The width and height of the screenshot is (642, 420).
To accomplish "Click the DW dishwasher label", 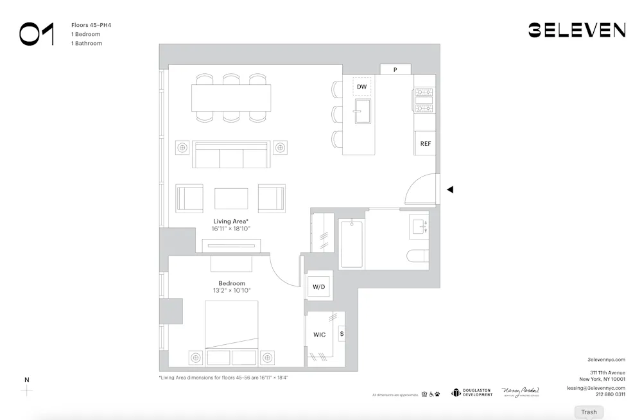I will (362, 87).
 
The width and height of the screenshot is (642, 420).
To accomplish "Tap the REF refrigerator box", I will (425, 143).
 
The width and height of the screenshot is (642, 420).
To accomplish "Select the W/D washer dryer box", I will (319, 286).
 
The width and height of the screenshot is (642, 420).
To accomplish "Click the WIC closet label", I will (319, 335).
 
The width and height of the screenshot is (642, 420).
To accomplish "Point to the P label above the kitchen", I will (395, 69).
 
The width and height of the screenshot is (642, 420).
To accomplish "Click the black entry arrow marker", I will (450, 189).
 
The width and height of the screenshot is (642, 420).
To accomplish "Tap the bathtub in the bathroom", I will (351, 244).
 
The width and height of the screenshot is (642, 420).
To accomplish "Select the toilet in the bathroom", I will (417, 256).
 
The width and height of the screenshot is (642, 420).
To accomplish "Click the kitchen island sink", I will (362, 111).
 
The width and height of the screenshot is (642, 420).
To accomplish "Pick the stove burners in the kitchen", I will (424, 96).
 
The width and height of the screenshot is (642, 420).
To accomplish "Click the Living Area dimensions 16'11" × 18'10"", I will (232, 229).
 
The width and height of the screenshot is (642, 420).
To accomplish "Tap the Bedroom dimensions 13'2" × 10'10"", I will (232, 290).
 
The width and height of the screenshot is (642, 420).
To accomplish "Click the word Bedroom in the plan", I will (232, 283).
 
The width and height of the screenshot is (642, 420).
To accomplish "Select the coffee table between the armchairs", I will (231, 198).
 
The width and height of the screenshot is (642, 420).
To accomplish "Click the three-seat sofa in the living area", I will (231, 155).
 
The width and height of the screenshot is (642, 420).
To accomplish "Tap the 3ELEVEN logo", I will (577, 30).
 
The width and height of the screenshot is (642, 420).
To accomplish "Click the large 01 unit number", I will (37, 33).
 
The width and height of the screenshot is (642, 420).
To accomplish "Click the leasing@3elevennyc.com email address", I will (595, 388).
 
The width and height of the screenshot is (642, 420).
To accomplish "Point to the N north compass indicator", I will (26, 380).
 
